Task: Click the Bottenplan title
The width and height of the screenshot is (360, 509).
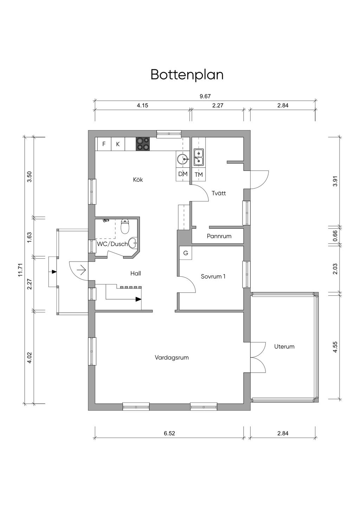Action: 187,75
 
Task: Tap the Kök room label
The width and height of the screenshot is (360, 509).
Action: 138,180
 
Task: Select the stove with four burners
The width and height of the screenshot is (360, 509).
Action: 143,144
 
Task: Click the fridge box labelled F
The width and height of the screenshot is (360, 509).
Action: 104,144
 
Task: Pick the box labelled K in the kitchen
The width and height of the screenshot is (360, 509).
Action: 118,144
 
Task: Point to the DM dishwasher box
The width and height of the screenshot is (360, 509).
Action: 183,174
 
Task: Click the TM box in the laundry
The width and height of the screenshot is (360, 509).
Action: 199,174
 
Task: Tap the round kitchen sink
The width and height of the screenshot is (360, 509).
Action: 183,160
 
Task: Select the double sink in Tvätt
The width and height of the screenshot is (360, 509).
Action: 199,157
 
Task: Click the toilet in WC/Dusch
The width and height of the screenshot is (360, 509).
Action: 125,227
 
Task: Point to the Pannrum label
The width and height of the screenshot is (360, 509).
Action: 219,236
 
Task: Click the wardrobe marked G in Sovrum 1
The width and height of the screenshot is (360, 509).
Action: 186,253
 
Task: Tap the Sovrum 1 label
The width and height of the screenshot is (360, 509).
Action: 213,276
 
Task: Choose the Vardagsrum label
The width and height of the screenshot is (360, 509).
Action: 172,357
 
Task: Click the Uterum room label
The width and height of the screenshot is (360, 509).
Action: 284,347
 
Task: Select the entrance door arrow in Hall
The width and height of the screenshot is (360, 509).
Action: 82,270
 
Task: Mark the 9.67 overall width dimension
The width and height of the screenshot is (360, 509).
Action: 205,96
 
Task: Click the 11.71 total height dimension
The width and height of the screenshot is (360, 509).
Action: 20,270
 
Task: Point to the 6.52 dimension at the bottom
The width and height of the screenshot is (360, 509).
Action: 169,433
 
